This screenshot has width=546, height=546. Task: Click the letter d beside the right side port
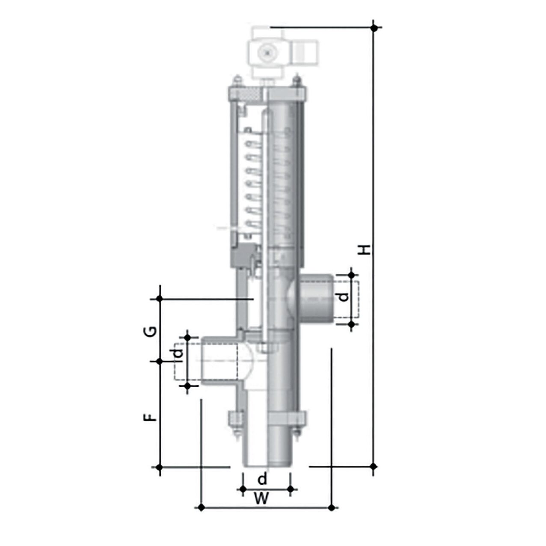(344, 297)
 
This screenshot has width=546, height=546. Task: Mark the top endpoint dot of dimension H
(374, 27)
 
